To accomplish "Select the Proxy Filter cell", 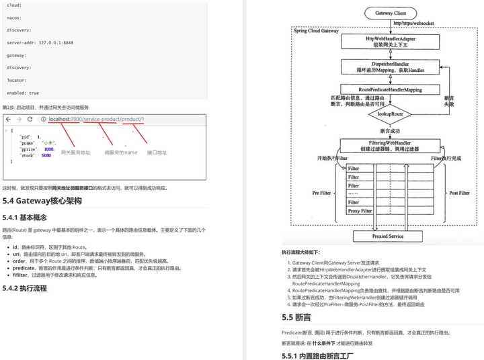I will [x=360, y=211].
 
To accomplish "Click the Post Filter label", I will [x=459, y=193].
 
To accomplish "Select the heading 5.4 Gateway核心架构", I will [x=42, y=201].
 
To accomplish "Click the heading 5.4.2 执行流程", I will [x=24, y=288].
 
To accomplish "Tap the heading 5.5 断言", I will [x=296, y=317].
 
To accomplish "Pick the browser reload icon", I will [x=30, y=119].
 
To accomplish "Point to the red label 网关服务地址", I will [x=75, y=153].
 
